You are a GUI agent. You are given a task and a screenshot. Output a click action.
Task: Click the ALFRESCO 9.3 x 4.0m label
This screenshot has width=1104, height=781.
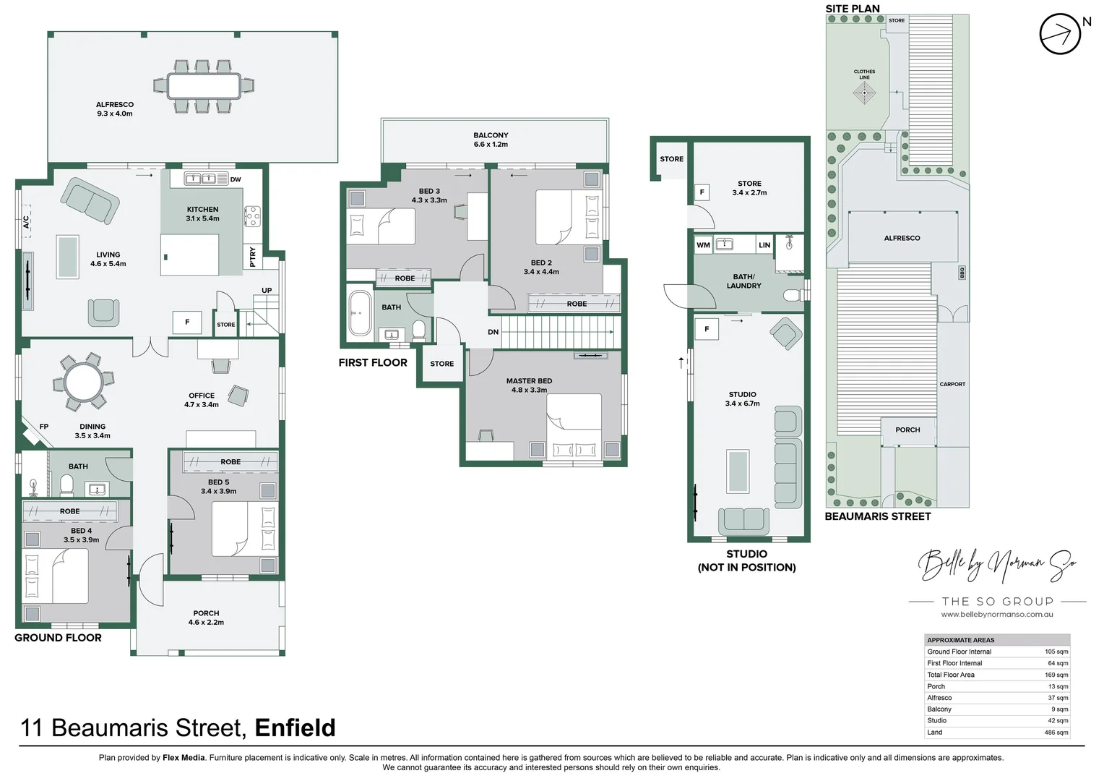pyautogui.click(x=114, y=109)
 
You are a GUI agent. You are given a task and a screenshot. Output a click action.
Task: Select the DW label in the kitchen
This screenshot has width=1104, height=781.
pyautogui.click(x=236, y=179)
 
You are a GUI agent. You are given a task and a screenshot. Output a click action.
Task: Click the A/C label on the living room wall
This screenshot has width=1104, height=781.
pyautogui.click(x=26, y=222)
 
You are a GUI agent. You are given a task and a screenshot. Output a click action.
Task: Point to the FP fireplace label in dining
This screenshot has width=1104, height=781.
pyautogui.click(x=43, y=427)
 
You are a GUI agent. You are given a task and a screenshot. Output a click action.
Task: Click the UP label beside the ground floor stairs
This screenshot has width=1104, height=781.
pyautogui.click(x=267, y=291)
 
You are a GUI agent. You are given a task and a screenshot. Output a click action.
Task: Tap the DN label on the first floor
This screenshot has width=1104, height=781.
pyautogui.click(x=493, y=333)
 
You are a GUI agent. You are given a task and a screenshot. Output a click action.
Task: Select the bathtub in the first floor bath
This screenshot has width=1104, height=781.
pyautogui.click(x=359, y=313)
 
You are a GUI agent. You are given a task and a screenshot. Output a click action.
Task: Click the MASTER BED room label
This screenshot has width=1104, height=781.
pyautogui.click(x=529, y=385)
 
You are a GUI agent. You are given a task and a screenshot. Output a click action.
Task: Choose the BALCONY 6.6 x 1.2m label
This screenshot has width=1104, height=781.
pyautogui.click(x=491, y=140)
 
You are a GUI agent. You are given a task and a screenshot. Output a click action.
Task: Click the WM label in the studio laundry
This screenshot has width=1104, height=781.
pyautogui.click(x=703, y=245)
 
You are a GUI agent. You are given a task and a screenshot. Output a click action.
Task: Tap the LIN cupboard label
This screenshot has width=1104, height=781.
pyautogui.click(x=764, y=245)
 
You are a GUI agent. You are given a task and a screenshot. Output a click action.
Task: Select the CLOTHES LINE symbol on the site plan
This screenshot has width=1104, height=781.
pyautogui.click(x=864, y=92)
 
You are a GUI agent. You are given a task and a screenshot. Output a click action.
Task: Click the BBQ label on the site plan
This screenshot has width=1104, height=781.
pyautogui.click(x=962, y=273)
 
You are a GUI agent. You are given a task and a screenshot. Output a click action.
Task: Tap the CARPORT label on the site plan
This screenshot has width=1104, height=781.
pyautogui.click(x=952, y=384)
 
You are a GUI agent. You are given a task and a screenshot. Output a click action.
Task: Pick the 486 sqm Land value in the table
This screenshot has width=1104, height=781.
pyautogui.click(x=1056, y=733)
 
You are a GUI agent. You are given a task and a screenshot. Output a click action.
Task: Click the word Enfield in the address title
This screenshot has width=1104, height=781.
pyautogui.click(x=295, y=727)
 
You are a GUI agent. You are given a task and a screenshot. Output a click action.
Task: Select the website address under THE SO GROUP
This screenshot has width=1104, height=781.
pyautogui.click(x=996, y=615)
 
